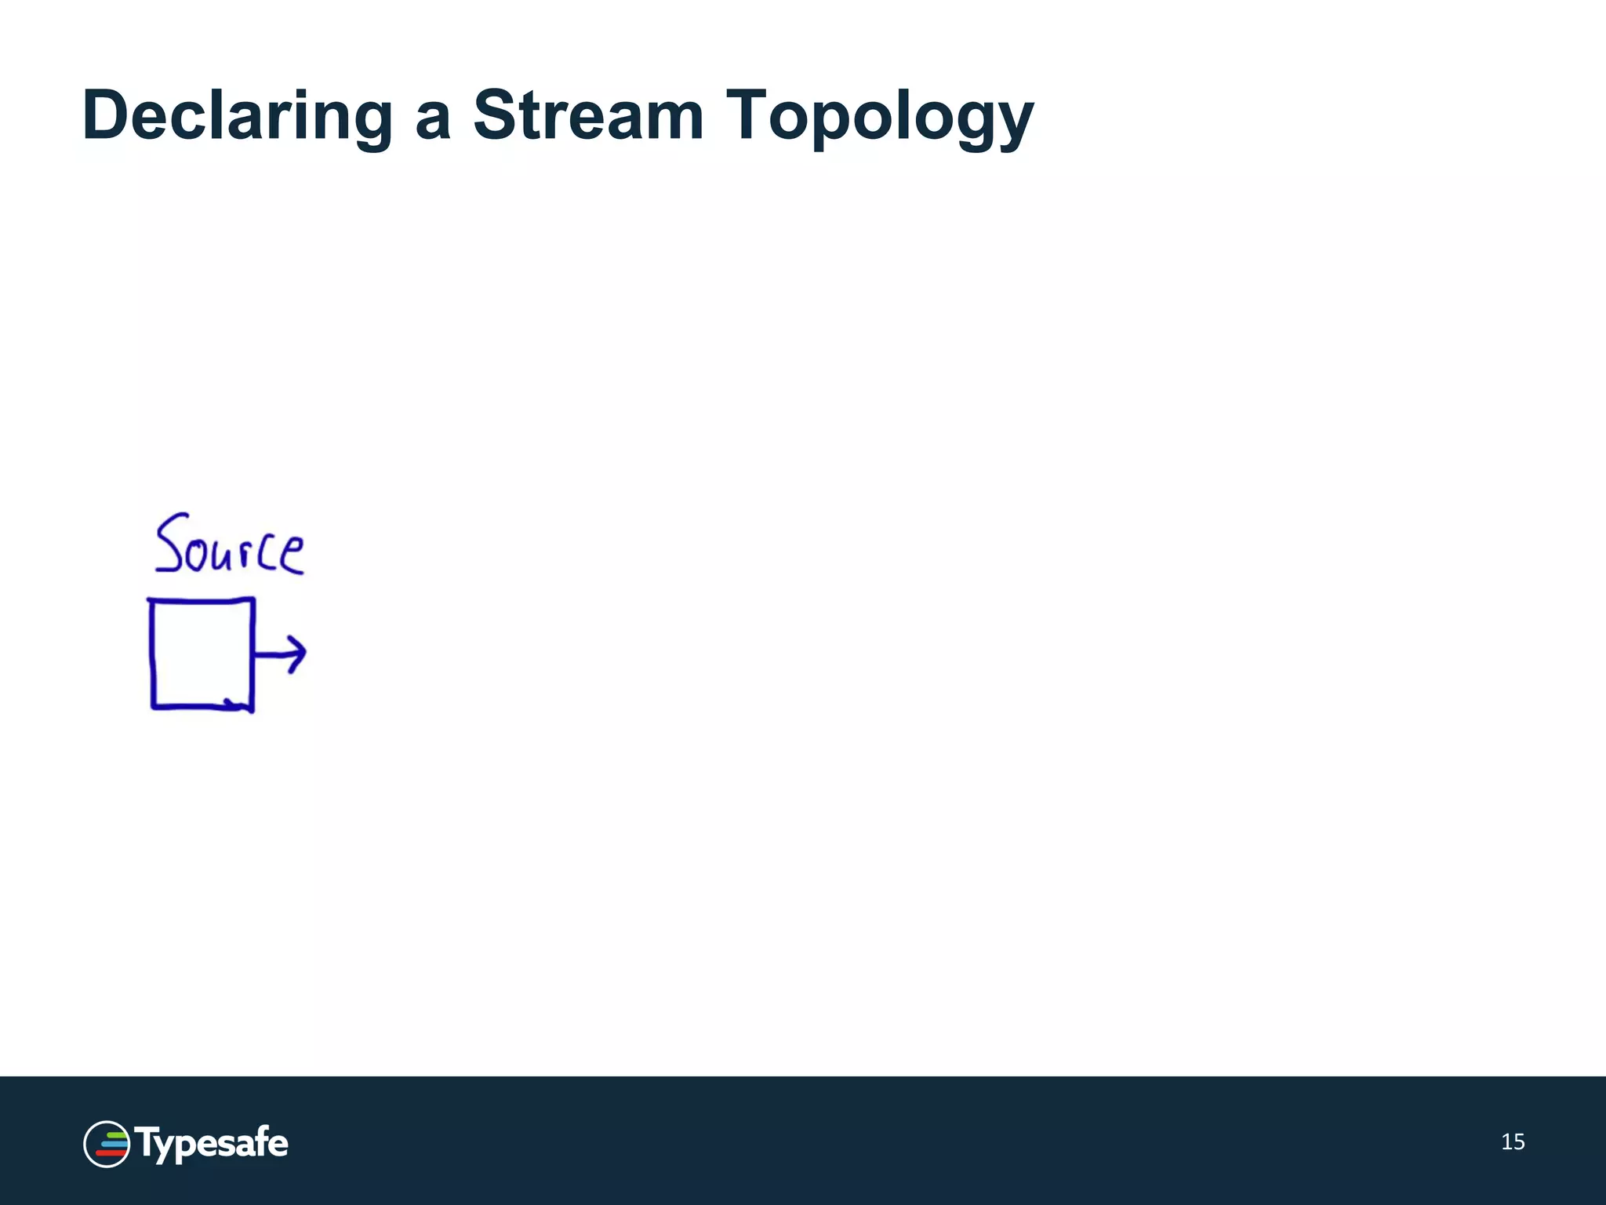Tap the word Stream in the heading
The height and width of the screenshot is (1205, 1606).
tap(588, 116)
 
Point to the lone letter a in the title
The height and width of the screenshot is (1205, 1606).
tap(433, 122)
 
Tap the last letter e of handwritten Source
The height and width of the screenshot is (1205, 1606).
tap(291, 554)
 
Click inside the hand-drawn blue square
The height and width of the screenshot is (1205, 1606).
tap(202, 653)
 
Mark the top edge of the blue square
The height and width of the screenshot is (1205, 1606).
tap(202, 600)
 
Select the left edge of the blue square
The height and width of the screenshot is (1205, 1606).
tap(151, 653)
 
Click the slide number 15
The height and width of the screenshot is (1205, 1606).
tap(1513, 1142)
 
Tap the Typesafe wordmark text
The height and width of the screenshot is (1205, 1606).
tap(212, 1144)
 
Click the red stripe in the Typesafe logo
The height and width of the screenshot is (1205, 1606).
tap(109, 1153)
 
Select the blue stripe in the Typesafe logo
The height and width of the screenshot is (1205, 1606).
tap(113, 1144)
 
